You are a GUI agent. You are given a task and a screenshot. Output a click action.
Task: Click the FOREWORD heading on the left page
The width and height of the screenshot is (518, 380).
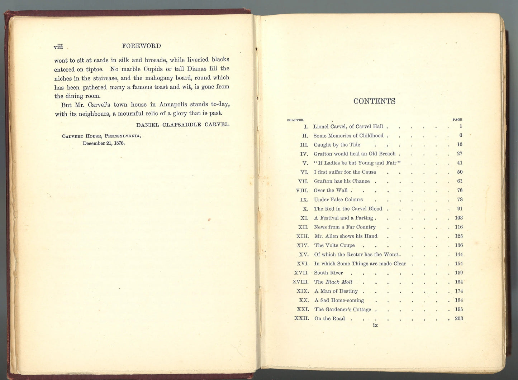(141, 46)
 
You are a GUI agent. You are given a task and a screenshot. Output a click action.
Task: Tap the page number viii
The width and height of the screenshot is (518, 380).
(58, 47)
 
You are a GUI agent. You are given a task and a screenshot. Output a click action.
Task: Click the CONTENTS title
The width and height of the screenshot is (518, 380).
(374, 101)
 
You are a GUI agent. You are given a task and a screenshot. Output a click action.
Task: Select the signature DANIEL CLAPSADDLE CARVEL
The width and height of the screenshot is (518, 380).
(183, 125)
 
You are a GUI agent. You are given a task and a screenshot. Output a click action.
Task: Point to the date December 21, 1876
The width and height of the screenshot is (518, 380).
(104, 143)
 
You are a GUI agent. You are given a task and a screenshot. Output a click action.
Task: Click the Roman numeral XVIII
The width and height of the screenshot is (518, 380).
(300, 282)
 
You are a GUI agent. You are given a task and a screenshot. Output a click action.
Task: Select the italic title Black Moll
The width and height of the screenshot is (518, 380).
(339, 282)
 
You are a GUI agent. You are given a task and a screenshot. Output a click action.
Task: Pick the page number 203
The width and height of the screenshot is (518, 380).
(458, 318)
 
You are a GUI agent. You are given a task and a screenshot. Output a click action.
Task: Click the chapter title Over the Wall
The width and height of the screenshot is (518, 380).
(331, 191)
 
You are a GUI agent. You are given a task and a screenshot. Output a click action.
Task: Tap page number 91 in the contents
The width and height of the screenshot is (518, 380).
(460, 209)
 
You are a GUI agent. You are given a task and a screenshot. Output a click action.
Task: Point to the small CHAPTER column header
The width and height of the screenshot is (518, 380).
(295, 120)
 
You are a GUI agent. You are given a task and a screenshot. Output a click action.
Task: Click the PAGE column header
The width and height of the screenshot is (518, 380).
(457, 120)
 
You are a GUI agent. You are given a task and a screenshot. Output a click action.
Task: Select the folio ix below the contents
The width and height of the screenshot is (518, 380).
(375, 325)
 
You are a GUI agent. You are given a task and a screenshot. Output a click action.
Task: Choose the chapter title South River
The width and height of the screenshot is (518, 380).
(328, 273)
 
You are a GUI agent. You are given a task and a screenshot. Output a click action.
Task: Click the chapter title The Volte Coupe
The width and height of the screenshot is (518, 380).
(334, 245)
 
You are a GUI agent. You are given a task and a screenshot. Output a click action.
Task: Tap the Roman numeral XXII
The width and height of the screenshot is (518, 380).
(301, 318)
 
